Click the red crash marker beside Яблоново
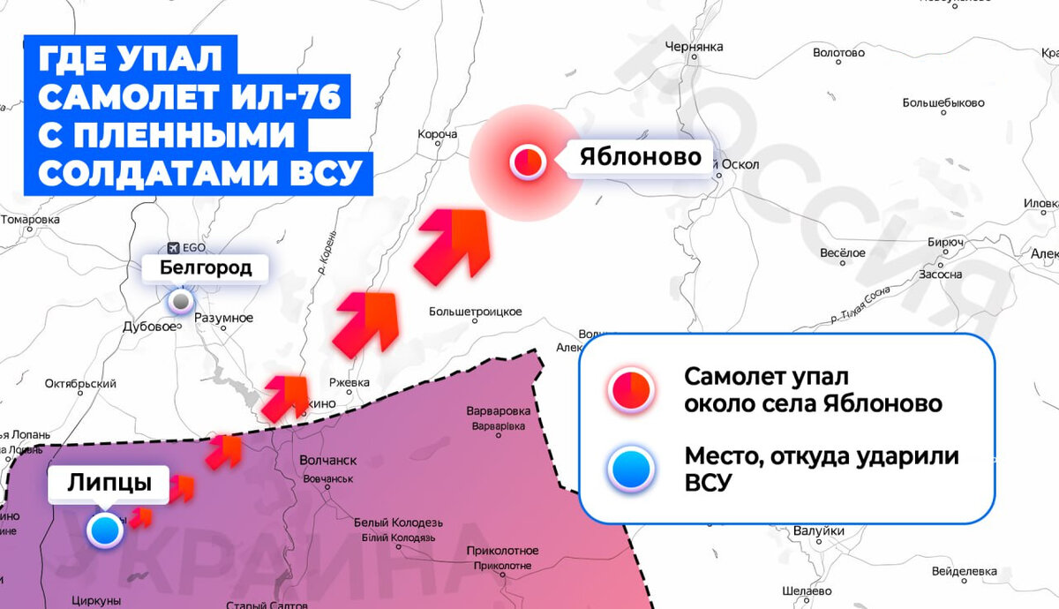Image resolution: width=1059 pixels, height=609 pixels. click(x=529, y=162)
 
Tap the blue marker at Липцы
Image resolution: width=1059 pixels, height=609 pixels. click(x=105, y=530)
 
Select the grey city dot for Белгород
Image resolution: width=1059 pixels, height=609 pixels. click(x=181, y=302)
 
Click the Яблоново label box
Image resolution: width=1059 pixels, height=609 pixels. click(x=640, y=158)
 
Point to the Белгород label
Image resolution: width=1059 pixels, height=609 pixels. click(x=206, y=267)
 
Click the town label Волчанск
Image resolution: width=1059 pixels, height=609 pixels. click(x=327, y=460)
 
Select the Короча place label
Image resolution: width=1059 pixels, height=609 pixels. click(x=438, y=134)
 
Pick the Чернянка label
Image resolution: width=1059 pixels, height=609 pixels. click(x=695, y=46)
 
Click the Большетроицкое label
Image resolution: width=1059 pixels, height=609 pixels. click(x=476, y=312)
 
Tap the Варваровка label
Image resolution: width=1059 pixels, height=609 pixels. click(x=499, y=411)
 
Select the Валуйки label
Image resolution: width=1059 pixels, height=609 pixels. click(x=814, y=530)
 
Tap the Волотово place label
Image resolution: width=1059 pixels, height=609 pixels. click(x=838, y=53)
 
